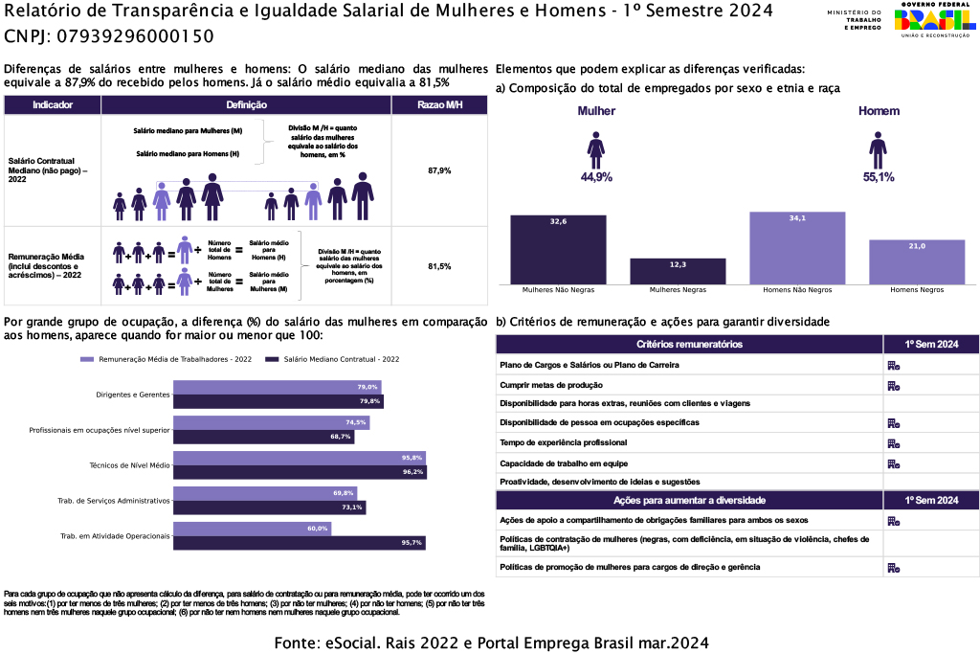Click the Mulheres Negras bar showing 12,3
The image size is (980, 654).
[x=678, y=271]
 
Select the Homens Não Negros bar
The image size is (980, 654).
[x=797, y=248]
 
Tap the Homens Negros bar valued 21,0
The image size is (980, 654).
[x=917, y=261]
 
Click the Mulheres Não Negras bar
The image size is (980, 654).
[x=558, y=249]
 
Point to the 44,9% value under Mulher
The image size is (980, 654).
[x=596, y=177]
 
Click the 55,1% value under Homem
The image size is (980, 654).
[x=879, y=177]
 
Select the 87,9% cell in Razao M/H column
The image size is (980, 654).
[x=439, y=170]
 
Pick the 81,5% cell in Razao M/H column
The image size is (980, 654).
[x=439, y=266]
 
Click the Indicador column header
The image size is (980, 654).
[x=53, y=104]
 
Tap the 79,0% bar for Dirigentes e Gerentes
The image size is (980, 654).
[x=277, y=387]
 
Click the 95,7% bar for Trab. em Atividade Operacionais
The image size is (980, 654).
[x=299, y=543]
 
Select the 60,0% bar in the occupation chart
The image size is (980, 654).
[x=252, y=529]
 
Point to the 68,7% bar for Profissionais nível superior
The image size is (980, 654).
[x=263, y=437]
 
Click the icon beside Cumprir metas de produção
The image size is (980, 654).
[x=893, y=385]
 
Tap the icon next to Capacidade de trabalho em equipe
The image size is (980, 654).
[x=893, y=463]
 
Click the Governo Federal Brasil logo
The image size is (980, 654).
[x=935, y=21]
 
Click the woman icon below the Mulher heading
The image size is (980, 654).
[x=595, y=148]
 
